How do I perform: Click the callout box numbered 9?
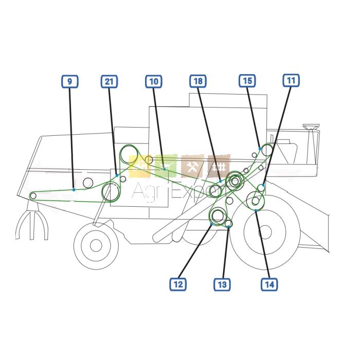pos(70,81)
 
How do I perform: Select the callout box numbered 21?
pos(109,81)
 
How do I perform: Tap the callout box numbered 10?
pos(154,81)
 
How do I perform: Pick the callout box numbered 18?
pos(198,81)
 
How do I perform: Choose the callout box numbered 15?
pos(247,81)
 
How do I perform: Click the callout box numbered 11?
pos(291,80)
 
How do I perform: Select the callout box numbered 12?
pos(178,284)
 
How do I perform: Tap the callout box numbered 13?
pos(222,284)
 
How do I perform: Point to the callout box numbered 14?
pos(269,284)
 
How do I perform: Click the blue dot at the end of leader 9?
pos(74,190)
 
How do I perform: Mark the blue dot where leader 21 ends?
pos(117,175)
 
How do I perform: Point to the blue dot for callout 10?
pos(164,169)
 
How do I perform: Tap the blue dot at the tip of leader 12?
pos(211,224)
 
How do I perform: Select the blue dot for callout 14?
pos(256,210)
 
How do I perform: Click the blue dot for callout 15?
pos(260,149)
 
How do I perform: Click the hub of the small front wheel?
pos(96,245)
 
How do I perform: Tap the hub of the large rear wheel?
pos(265,232)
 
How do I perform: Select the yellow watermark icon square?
pos(139,167)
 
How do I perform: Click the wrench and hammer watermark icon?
pos(192,167)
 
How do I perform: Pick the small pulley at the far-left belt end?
pos(33,196)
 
